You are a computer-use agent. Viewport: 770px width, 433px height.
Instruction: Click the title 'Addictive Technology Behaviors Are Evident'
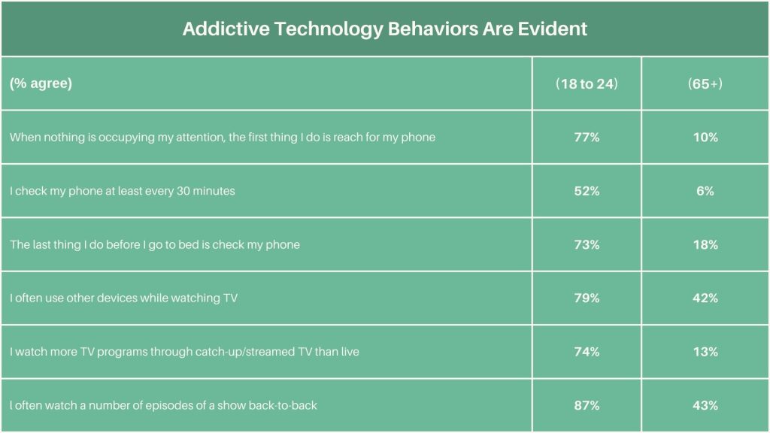point(384,29)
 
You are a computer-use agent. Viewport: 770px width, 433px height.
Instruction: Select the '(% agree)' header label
point(41,83)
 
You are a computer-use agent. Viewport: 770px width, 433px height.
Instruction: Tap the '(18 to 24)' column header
point(587,83)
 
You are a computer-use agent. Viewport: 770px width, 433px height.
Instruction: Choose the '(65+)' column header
point(705,83)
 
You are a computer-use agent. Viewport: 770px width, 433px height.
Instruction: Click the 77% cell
point(587,138)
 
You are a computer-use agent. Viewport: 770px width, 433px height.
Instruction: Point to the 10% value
point(705,138)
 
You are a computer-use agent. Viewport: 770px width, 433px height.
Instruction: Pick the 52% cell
point(587,191)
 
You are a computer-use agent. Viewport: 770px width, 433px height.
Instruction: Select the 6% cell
point(705,191)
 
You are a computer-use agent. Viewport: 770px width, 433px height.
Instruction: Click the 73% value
point(587,245)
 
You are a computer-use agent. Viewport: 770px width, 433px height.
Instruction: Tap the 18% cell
point(705,245)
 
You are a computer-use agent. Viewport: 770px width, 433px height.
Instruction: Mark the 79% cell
point(587,298)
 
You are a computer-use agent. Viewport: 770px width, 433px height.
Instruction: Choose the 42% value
point(705,298)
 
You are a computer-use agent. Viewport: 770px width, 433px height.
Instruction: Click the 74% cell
point(587,352)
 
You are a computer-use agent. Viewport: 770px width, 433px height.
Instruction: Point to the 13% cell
point(705,352)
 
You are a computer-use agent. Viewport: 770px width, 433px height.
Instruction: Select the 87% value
point(587,406)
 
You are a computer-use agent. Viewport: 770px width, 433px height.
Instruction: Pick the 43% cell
point(705,406)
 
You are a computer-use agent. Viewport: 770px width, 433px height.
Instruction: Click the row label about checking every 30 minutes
point(123,191)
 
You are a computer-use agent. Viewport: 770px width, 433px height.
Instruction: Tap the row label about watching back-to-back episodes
point(163,406)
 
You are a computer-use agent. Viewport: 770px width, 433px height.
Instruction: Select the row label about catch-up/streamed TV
point(184,352)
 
